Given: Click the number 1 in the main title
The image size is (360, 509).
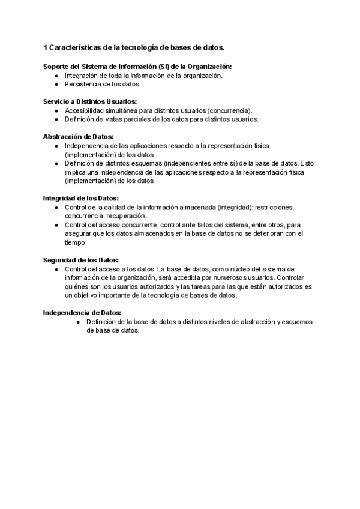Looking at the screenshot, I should (46, 47).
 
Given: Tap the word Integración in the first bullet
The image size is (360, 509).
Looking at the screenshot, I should (83, 76).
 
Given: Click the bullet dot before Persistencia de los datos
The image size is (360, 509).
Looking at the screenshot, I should (56, 84).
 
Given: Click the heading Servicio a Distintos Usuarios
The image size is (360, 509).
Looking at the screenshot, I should (90, 101).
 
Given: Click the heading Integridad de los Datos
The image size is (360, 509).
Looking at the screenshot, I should (81, 198).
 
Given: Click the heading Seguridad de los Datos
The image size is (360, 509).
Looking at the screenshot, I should (81, 260).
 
